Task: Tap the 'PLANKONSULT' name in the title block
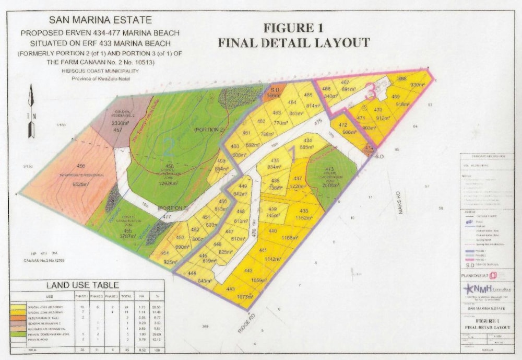point(474,275)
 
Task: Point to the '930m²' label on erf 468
point(417,85)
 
